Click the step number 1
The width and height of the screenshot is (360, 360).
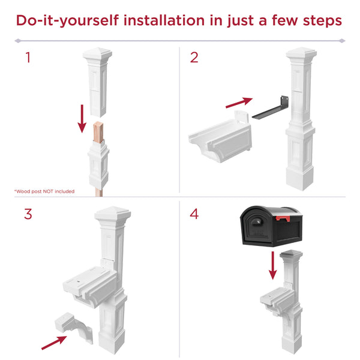[x=26, y=58]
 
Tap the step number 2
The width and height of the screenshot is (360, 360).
[x=194, y=58]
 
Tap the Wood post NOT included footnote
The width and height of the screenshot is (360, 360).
[x=44, y=191]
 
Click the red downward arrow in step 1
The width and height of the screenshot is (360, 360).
[x=83, y=118]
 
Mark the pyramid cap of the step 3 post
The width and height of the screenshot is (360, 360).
[x=112, y=212]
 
